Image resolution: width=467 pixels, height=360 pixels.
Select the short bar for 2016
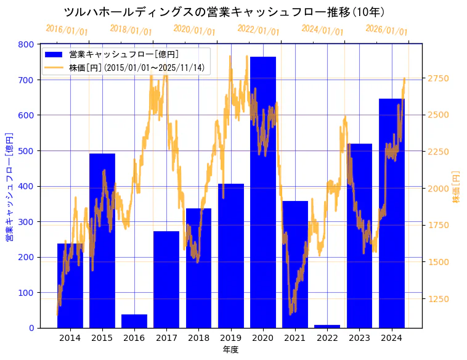(x=134, y=321)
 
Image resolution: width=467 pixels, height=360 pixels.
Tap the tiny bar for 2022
(x=327, y=326)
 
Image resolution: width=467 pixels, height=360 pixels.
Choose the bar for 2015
(x=102, y=240)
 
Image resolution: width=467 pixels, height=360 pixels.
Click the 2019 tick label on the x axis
(x=230, y=338)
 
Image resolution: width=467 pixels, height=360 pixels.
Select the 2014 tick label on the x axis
(x=70, y=338)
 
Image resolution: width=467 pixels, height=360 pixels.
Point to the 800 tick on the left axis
(x=26, y=44)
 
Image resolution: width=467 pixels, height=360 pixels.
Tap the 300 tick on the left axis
(x=26, y=222)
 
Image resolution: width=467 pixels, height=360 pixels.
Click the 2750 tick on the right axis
(x=439, y=78)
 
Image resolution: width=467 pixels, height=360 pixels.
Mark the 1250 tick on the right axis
(x=439, y=299)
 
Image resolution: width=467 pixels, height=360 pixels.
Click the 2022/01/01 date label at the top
(x=258, y=30)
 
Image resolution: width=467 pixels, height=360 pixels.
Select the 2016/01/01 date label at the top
(x=67, y=30)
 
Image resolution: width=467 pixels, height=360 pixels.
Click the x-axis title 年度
(x=230, y=350)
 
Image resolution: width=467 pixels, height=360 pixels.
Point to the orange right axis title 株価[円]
(x=456, y=187)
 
